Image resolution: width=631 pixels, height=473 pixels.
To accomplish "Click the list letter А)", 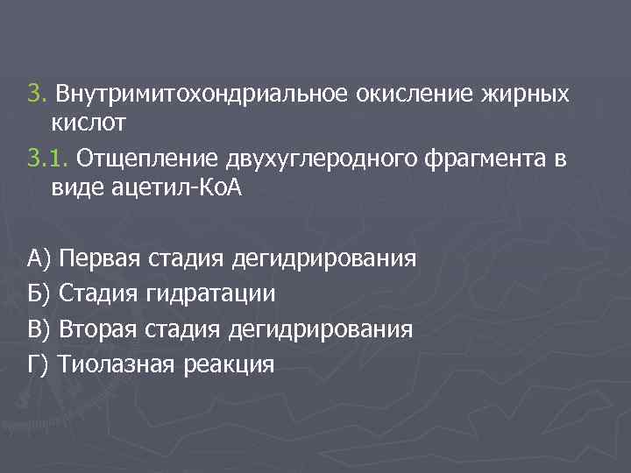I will (40, 259).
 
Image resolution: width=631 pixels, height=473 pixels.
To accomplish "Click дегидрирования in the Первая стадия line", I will (324, 259).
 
